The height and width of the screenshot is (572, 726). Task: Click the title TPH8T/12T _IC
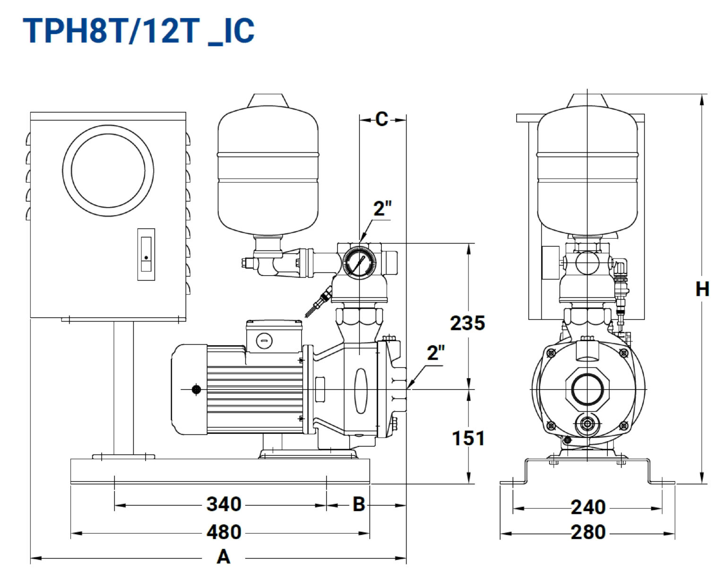point(138,31)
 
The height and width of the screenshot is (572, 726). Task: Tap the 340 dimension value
point(224,504)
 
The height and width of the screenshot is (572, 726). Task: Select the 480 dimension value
point(224,532)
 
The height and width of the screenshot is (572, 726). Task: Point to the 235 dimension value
point(467,323)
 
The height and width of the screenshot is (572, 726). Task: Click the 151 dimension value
point(468,438)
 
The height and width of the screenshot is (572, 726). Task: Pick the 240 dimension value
point(588,507)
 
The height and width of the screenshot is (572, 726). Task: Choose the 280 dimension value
point(588,532)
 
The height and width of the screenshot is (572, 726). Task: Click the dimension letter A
point(224,556)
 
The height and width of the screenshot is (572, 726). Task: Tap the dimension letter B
point(359,504)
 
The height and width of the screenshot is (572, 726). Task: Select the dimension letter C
point(382,119)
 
